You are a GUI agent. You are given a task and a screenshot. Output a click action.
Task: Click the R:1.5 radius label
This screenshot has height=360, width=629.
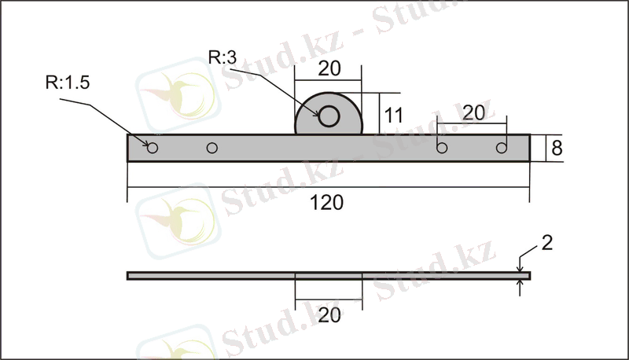point(68,83)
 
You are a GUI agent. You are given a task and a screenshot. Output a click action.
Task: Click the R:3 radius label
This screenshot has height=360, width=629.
point(223,57)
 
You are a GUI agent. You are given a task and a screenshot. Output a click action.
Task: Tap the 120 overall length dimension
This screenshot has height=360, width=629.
point(326,203)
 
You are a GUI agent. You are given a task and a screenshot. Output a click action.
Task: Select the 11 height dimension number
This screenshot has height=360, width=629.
point(394,116)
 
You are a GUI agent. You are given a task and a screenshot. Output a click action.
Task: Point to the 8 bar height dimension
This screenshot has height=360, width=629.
point(557,149)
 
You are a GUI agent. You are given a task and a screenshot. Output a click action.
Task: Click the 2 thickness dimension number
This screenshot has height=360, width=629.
point(547,243)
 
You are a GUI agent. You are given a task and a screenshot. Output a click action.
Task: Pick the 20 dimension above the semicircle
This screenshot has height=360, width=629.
point(329,68)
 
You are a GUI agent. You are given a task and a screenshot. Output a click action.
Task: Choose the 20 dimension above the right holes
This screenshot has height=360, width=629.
point(474,113)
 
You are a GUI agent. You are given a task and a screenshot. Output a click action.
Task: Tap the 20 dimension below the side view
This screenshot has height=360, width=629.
point(329,315)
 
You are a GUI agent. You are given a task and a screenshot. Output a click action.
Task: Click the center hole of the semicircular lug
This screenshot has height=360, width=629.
point(329,116)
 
